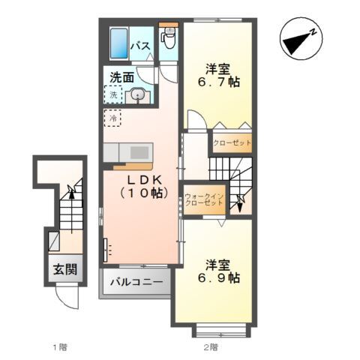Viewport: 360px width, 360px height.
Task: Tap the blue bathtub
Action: click(x=119, y=43)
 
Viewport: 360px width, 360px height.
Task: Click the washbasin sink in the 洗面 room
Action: click(x=138, y=96)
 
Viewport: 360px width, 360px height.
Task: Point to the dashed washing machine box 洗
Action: click(x=113, y=94)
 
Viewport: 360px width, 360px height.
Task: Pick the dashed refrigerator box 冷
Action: click(x=112, y=118)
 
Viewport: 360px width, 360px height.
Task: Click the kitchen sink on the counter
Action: click(x=139, y=153)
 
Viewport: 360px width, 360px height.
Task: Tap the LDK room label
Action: click(x=144, y=186)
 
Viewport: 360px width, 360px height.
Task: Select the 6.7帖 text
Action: click(x=219, y=82)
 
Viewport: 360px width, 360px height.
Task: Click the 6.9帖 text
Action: click(x=219, y=277)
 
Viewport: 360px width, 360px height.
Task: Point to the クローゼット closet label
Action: click(x=232, y=142)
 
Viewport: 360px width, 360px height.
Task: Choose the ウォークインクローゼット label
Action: click(x=204, y=199)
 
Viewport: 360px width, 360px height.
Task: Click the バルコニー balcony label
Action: click(x=136, y=282)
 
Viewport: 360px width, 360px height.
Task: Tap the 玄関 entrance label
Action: click(x=65, y=269)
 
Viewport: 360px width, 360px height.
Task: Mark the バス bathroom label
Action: click(x=141, y=46)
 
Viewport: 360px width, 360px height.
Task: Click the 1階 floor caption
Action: click(x=60, y=346)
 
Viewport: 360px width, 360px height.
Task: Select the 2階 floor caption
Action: click(x=211, y=346)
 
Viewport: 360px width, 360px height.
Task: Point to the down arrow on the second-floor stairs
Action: click(x=240, y=204)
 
